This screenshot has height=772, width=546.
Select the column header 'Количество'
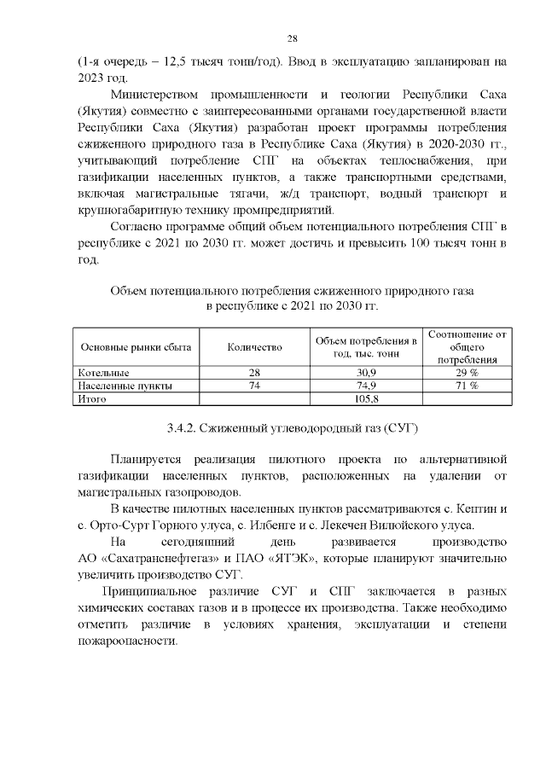253,347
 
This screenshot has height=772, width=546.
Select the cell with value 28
253,374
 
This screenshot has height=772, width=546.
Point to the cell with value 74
253,386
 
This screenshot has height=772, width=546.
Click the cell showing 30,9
366,374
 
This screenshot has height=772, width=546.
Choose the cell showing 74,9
366,386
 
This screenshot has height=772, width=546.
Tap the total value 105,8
366,398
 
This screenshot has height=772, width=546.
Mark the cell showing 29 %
466,374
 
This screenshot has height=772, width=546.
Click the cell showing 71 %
466,386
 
